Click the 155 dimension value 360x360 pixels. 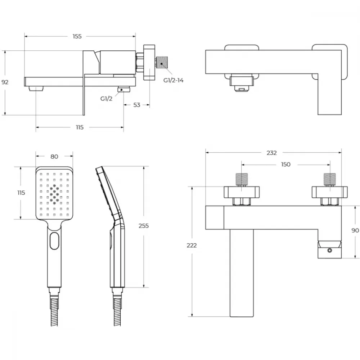click(77, 36)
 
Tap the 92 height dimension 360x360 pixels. click(5, 82)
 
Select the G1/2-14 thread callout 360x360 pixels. click(174, 80)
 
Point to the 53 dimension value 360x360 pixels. click(136, 105)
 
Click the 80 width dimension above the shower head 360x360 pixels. click(54, 156)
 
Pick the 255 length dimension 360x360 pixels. click(144, 226)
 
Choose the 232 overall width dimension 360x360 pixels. click(271, 153)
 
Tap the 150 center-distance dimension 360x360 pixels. click(285, 164)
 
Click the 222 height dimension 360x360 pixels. click(192, 246)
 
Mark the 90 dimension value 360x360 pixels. click(355, 230)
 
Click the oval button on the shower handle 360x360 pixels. click(54, 240)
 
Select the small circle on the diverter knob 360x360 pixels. click(329, 251)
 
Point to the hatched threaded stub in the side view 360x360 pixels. click(162, 62)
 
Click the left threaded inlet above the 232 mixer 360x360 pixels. click(242, 179)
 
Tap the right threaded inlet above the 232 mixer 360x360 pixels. click(330, 179)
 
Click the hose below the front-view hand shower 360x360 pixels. click(54, 312)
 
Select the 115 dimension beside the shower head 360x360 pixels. click(21, 192)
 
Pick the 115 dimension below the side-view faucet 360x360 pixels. click(80, 127)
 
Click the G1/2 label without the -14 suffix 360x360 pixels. click(106, 99)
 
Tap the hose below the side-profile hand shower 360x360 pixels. click(117, 312)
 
